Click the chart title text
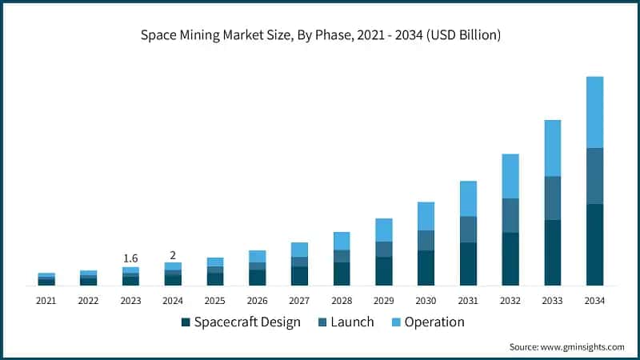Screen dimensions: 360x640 click(320, 36)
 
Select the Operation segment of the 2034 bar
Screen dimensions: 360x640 click(594, 112)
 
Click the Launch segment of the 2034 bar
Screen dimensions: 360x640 click(594, 176)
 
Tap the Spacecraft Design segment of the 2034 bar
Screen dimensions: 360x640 click(594, 244)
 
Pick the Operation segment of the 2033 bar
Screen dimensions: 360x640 click(553, 148)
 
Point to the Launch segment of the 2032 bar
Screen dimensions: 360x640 click(510, 215)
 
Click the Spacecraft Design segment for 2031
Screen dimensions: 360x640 click(468, 263)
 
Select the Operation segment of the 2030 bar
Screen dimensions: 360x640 click(426, 216)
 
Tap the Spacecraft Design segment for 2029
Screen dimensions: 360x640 click(384, 270)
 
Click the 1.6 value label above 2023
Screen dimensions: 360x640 click(130, 258)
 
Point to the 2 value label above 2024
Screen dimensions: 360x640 click(173, 254)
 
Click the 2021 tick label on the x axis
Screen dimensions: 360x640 click(46, 301)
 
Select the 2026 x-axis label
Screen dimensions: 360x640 click(257, 301)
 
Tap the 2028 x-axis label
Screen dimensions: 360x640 click(342, 301)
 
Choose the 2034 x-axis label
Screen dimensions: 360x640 click(594, 301)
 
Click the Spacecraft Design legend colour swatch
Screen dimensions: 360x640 click(186, 322)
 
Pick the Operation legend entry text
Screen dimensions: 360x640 click(434, 322)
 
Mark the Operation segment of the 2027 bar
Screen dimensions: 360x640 click(299, 250)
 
